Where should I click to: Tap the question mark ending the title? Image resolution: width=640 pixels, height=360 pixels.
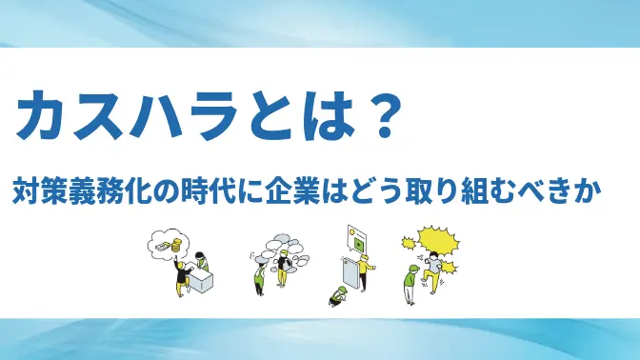(379, 118)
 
